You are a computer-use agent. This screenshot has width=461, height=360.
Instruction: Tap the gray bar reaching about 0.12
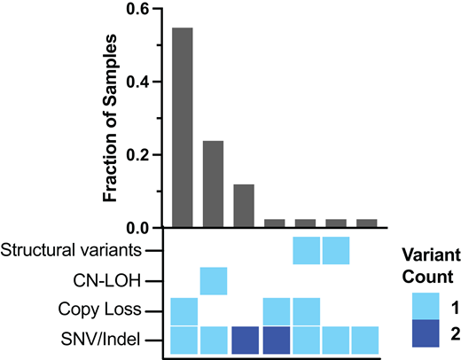(x=244, y=206)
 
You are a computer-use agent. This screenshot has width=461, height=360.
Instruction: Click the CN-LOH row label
(x=111, y=281)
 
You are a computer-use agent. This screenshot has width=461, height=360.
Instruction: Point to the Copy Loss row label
(x=103, y=310)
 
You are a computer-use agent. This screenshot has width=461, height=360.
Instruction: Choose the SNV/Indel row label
(x=105, y=340)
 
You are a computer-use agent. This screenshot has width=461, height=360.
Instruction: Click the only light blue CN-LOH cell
(x=213, y=281)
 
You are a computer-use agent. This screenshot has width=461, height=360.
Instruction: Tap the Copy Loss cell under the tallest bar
(x=183, y=310)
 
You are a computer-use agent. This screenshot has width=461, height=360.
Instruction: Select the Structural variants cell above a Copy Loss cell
(x=306, y=251)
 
